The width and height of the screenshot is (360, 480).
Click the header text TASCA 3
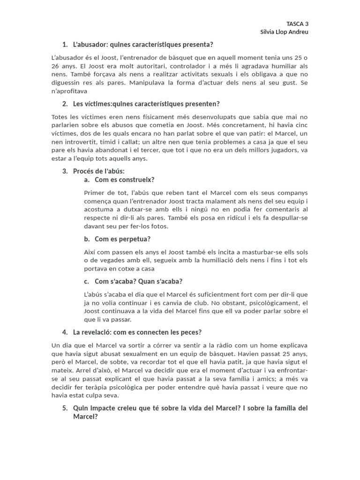click(x=297, y=23)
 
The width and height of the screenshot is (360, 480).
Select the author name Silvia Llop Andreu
click(x=285, y=32)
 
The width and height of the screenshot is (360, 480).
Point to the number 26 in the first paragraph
click(x=55, y=66)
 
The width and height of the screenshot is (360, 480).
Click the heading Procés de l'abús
click(x=99, y=171)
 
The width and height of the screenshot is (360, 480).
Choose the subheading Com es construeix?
click(x=124, y=180)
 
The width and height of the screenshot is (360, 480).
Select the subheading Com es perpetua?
click(x=122, y=239)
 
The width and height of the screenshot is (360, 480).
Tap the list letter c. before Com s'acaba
click(x=87, y=281)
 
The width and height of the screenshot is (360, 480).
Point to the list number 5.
click(x=65, y=408)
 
